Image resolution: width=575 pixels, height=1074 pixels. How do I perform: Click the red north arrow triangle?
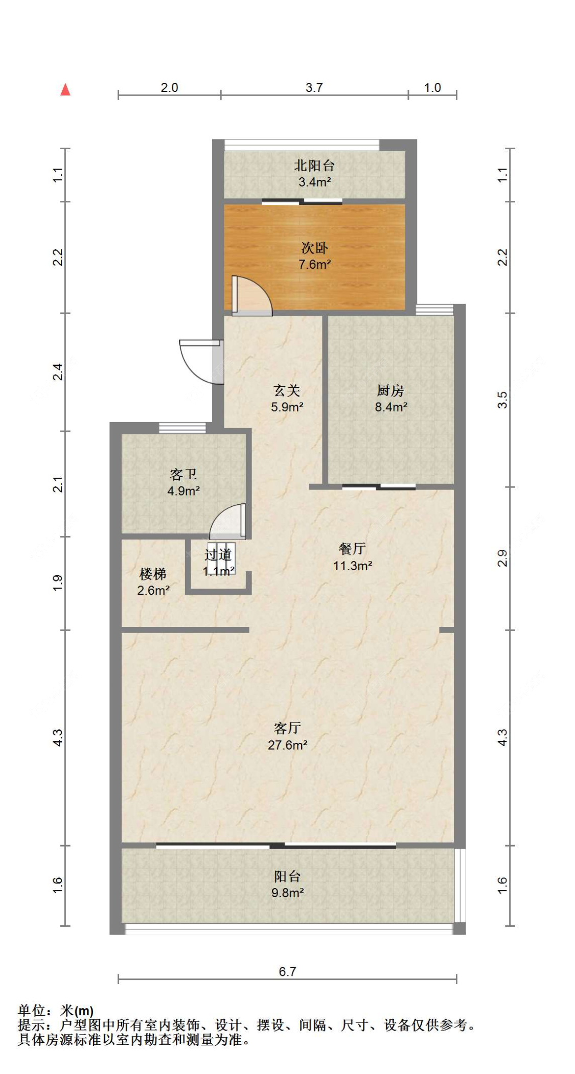coord(65,90)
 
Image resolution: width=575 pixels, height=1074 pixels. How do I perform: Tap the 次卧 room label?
coord(314,248)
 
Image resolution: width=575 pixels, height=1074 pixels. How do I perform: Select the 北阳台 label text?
coord(314,166)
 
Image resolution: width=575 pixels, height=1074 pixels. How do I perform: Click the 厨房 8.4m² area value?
coord(391,407)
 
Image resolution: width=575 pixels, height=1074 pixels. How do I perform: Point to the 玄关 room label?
coord(287,391)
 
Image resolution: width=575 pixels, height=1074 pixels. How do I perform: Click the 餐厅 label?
coord(352,549)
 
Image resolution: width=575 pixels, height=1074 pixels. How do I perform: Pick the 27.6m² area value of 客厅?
coord(287,745)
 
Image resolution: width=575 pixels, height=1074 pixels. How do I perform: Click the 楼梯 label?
coord(153,574)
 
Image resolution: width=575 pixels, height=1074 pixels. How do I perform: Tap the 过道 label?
coord(218,555)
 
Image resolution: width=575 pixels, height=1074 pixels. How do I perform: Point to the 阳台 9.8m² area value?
coord(287,893)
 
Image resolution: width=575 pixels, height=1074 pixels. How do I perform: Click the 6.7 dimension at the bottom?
coord(287,971)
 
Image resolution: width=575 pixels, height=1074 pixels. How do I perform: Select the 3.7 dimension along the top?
coord(314,87)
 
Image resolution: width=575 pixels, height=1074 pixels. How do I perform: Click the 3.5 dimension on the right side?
coord(502,400)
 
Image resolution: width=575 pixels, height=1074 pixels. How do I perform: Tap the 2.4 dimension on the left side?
coord(58,371)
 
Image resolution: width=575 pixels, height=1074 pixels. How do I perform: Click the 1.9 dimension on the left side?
coord(58,582)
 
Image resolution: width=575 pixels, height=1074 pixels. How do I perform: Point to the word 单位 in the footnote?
coord(32,1011)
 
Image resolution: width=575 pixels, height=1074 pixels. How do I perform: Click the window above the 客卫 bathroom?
coord(182,428)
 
